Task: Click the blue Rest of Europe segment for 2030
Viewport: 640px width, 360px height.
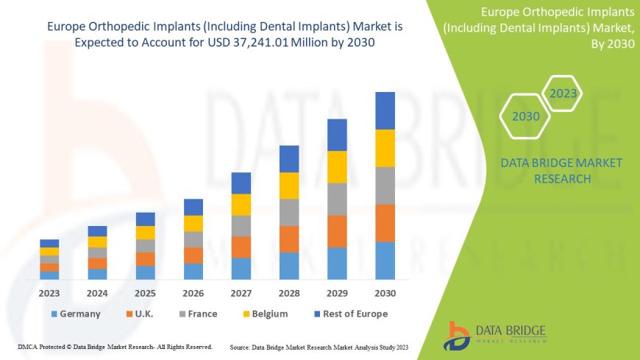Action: pyautogui.click(x=385, y=110)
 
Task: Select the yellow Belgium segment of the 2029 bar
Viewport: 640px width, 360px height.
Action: pyautogui.click(x=337, y=166)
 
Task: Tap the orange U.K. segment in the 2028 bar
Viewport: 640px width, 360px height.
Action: pyautogui.click(x=289, y=239)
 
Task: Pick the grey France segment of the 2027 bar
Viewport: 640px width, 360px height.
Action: pyautogui.click(x=241, y=225)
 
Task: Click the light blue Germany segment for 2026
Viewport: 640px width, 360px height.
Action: pyautogui.click(x=193, y=271)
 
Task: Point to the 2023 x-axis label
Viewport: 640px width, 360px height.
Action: pyautogui.click(x=49, y=293)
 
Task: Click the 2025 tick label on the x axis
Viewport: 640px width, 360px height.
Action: pyautogui.click(x=145, y=293)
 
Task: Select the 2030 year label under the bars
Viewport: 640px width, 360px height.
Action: pyautogui.click(x=385, y=293)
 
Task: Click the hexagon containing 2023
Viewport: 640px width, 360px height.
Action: pyautogui.click(x=563, y=93)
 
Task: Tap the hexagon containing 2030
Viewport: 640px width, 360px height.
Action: pyautogui.click(x=525, y=116)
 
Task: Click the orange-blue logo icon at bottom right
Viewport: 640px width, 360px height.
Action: pyautogui.click(x=458, y=335)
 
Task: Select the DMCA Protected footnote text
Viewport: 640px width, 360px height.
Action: pyautogui.click(x=115, y=346)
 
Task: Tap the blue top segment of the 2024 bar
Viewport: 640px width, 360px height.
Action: pyautogui.click(x=97, y=231)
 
